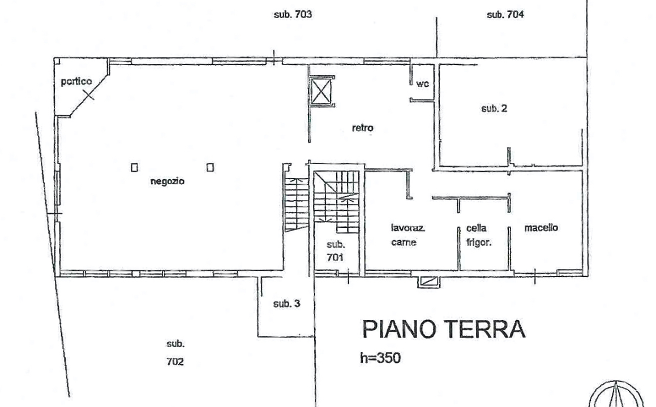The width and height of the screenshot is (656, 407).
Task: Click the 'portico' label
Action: (76, 81)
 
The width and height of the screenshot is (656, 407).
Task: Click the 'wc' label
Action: (422, 84)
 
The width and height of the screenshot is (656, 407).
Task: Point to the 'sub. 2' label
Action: (494, 109)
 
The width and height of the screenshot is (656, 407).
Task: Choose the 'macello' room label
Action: (541, 228)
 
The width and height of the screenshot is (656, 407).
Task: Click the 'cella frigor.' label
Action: (478, 235)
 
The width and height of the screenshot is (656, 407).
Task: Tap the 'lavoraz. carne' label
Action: (404, 235)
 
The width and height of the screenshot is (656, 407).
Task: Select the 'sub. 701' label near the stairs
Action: (336, 251)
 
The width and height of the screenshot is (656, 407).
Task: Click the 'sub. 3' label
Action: (286, 304)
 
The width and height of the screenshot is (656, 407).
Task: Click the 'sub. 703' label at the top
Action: (293, 15)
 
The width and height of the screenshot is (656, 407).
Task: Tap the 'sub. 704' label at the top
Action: (505, 15)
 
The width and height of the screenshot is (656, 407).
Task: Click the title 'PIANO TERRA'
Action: (443, 330)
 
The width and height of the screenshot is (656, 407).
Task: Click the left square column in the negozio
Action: (134, 167)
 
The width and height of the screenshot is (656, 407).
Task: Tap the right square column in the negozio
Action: (210, 167)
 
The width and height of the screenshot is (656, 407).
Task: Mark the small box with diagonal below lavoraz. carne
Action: (428, 281)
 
